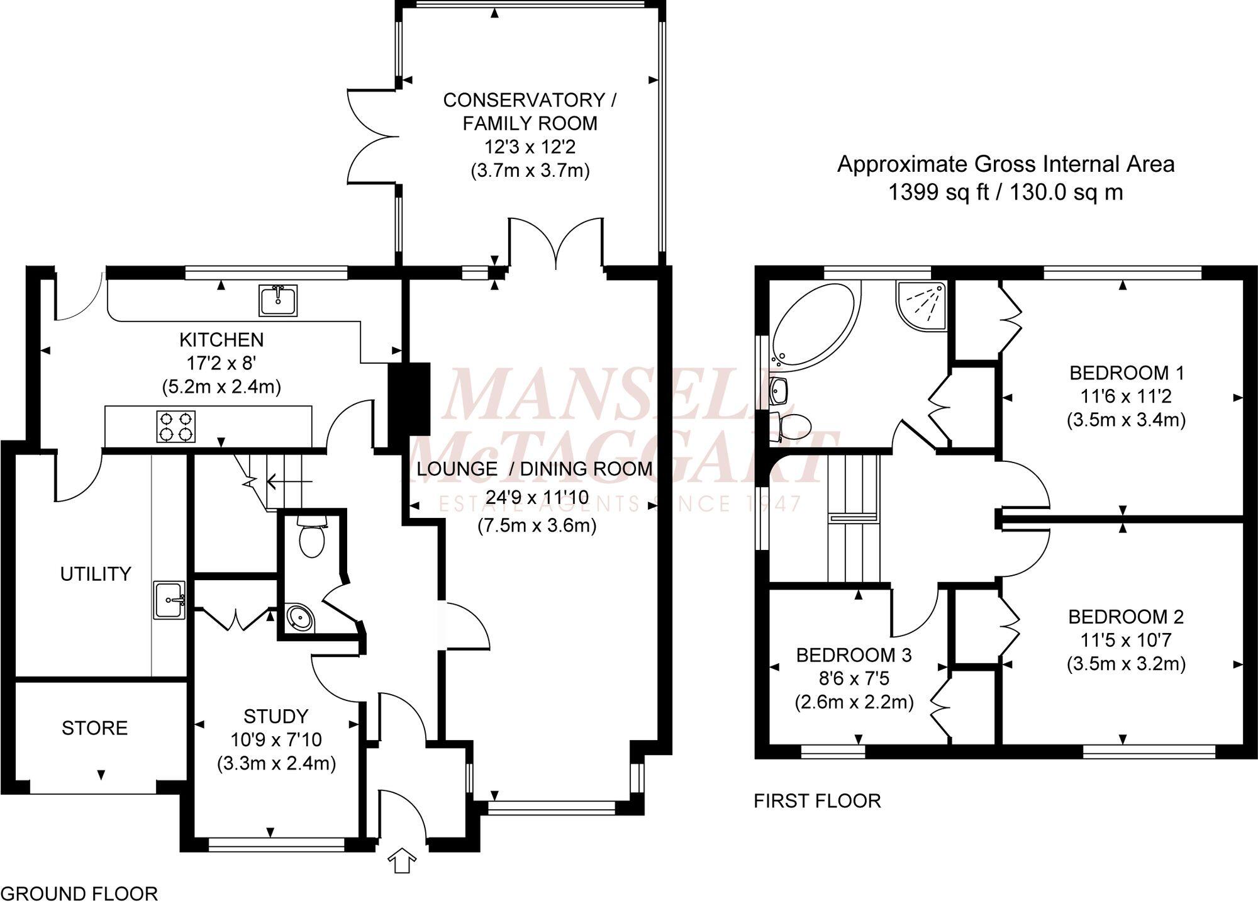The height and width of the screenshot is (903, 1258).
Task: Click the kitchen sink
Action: pos(278,300)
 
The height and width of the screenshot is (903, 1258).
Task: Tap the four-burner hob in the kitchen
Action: pos(175,427)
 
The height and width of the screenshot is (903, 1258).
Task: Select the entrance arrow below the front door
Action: pos(403,860)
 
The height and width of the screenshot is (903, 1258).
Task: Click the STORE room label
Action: pos(94,728)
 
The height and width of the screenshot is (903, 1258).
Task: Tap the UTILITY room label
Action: pos(96,574)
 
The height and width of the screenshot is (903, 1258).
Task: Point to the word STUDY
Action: pos(276,716)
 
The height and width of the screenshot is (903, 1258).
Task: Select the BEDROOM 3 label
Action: pos(854,655)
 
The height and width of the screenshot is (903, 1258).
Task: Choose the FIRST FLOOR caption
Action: pos(817,801)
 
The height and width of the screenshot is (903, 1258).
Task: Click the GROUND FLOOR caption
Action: pos(79,894)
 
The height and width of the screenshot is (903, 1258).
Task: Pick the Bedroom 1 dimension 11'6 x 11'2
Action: pos(1126,396)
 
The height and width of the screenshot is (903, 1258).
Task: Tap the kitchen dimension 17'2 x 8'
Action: pos(221,363)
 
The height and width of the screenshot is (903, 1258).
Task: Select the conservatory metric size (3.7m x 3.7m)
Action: pos(530,171)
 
